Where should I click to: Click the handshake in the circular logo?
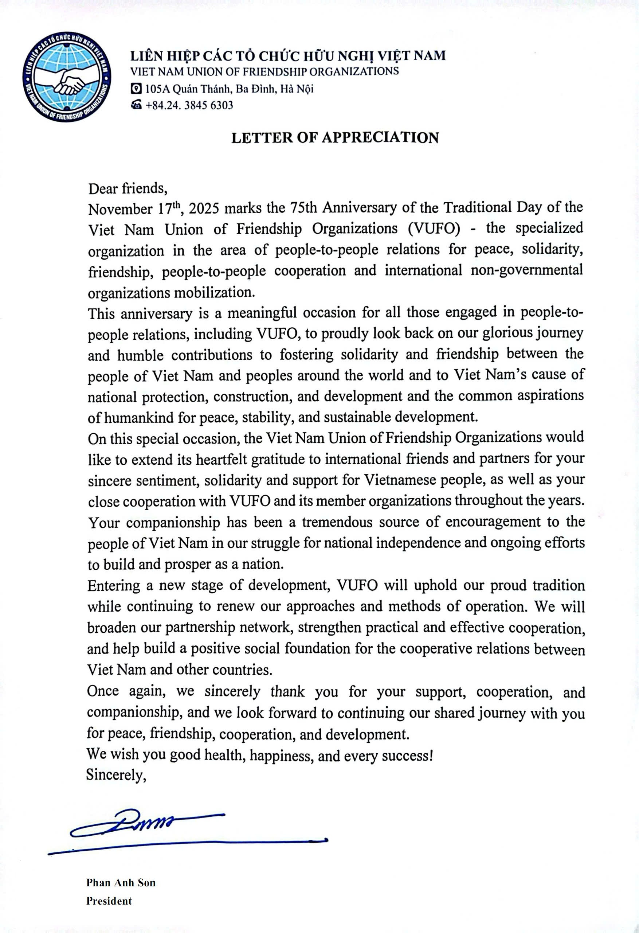pyautogui.click(x=68, y=82)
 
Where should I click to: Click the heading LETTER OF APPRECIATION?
pyautogui.click(x=335, y=138)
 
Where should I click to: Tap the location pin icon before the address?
pyautogui.click(x=137, y=89)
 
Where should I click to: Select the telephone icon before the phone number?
pyautogui.click(x=137, y=105)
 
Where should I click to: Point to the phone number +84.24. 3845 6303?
pyautogui.click(x=189, y=105)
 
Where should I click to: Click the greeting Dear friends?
pyautogui.click(x=127, y=188)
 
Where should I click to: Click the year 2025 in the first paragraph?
pyautogui.click(x=204, y=209)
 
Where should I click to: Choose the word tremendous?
pyautogui.click(x=338, y=522)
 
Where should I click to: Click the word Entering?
pyautogui.click(x=114, y=585)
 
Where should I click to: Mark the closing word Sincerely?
pyautogui.click(x=115, y=774)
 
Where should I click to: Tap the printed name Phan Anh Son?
pyautogui.click(x=121, y=882)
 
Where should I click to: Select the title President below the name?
pyautogui.click(x=109, y=901)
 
